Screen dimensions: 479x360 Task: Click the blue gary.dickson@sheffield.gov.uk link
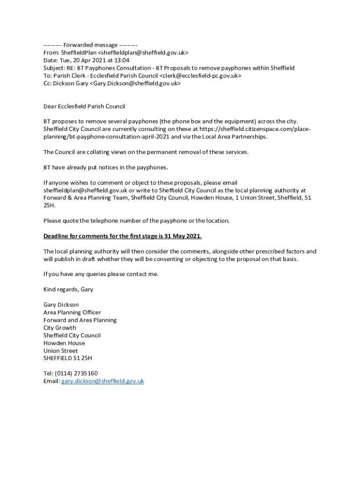[102, 381]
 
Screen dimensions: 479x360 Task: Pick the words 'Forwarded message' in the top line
[84, 45]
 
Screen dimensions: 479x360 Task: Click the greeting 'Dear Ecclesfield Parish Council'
[84, 106]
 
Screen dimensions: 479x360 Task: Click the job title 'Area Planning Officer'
[72, 312]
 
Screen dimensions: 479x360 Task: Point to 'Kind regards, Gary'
[68, 290]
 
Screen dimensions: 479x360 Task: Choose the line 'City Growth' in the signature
[59, 328]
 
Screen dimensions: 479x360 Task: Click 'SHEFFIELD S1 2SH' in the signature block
[68, 358]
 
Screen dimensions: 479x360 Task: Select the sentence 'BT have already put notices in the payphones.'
[105, 167]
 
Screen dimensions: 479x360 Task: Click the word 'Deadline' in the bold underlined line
[58, 236]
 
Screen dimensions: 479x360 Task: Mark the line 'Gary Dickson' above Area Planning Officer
[61, 305]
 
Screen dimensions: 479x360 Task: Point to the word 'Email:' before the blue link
[51, 381]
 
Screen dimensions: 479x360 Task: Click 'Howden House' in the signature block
[64, 343]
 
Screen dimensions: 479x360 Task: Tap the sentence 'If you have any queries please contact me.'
[101, 274]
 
